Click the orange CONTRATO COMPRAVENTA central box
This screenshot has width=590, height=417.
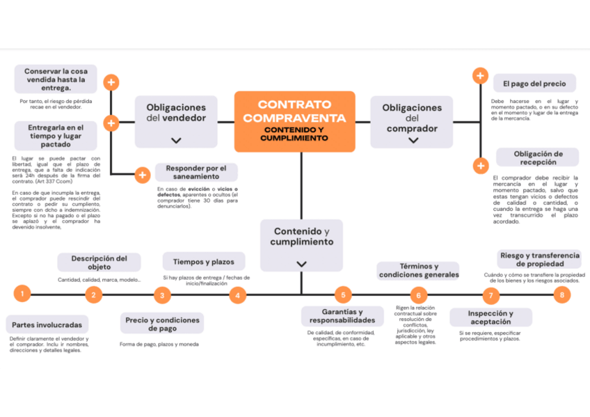(x=294, y=120)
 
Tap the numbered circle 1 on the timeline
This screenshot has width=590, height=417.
(x=22, y=294)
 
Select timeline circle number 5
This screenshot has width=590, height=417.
(x=342, y=294)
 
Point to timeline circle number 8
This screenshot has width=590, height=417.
(x=561, y=294)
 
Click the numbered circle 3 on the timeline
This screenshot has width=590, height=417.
(x=162, y=295)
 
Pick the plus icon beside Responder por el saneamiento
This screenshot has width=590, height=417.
(x=142, y=175)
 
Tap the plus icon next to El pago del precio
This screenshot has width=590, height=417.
(x=480, y=76)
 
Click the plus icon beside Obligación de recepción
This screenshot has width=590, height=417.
(x=480, y=166)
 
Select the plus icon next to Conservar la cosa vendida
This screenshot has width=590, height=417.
(x=111, y=83)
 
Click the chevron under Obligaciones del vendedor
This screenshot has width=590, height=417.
(x=176, y=140)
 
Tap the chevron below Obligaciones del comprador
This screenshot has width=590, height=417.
(x=413, y=140)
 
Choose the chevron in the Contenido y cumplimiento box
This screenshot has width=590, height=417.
(x=301, y=264)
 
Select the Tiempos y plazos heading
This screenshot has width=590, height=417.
(x=204, y=262)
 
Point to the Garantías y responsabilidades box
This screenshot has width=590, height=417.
(x=342, y=316)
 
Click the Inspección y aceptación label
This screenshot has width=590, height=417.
(x=491, y=317)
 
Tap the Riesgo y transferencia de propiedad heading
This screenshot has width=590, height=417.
(x=539, y=260)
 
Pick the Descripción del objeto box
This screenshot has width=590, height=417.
(x=99, y=262)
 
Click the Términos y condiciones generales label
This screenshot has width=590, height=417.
(x=418, y=270)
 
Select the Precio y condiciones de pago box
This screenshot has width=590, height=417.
(x=162, y=324)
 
